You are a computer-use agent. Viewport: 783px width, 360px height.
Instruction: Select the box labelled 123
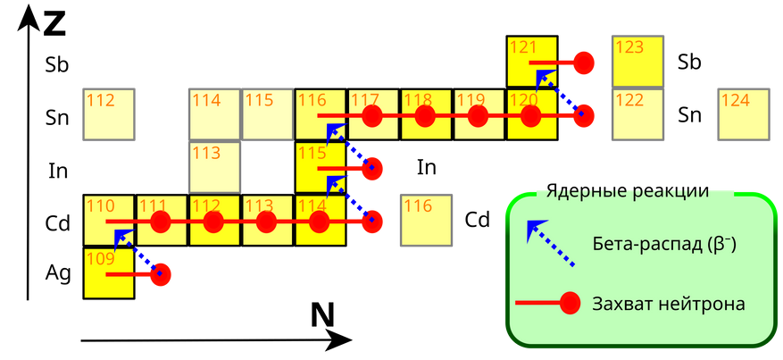coord(637,62)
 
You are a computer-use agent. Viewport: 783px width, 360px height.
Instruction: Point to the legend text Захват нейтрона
coord(668,304)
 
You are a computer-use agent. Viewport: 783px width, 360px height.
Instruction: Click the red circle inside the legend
coord(570,304)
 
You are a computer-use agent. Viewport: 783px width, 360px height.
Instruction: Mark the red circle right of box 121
coord(584,63)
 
